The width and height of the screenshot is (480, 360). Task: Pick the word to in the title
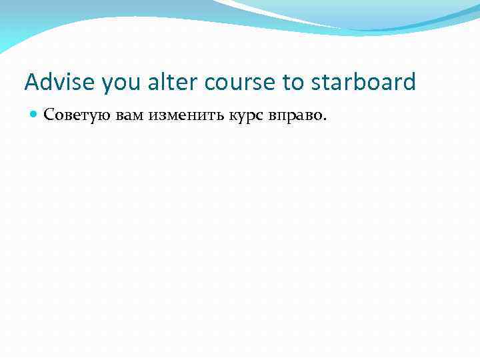pos(292,83)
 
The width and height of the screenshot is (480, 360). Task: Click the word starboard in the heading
pos(363,83)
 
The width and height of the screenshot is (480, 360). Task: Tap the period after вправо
pos(325,120)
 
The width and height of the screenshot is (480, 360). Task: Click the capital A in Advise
pos(31,83)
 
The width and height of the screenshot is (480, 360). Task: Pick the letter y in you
pos(107,84)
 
